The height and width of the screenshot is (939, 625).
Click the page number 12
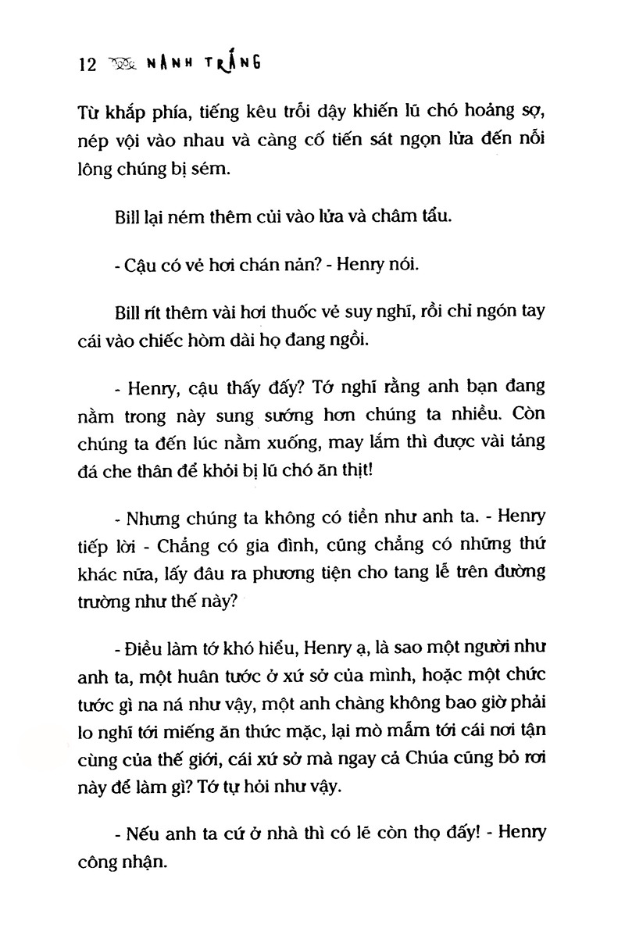click(87, 66)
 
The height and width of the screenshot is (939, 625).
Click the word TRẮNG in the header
click(233, 63)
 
